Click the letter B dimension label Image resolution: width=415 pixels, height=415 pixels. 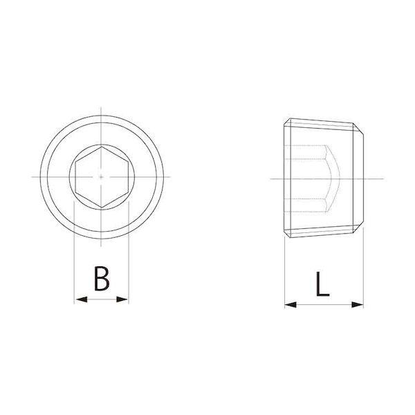click(102, 279)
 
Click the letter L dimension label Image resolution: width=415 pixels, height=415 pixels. click(322, 284)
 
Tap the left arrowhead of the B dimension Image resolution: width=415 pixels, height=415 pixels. click(81, 299)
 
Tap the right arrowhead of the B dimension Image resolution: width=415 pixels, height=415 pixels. click(122, 299)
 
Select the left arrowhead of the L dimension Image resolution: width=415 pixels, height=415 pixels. click(290, 304)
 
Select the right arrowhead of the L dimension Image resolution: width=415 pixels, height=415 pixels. click(358, 304)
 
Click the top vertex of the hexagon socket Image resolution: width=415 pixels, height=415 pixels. click(102, 147)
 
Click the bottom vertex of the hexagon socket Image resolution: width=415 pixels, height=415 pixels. click(102, 207)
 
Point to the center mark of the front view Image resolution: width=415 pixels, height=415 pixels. click(101, 177)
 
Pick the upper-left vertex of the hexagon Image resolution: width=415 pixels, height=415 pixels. click(75, 162)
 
